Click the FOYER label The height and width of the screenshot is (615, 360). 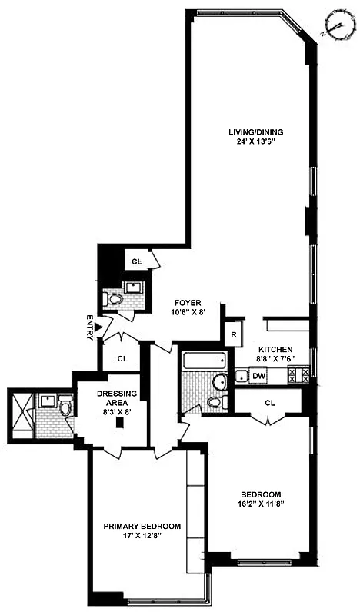(x=188, y=302)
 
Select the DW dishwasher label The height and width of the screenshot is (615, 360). (x=259, y=376)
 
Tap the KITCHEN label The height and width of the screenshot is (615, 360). (x=275, y=348)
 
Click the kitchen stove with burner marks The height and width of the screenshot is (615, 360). (x=298, y=376)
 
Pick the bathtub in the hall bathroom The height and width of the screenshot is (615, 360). (x=205, y=360)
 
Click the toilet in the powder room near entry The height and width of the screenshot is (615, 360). (x=115, y=300)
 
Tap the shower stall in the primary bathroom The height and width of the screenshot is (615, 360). (x=22, y=414)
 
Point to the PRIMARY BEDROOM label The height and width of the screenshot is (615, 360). (x=142, y=527)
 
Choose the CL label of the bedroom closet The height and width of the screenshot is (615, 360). (x=270, y=402)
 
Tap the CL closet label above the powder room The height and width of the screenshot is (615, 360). (x=137, y=262)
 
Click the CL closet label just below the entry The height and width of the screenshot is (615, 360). (x=122, y=358)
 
